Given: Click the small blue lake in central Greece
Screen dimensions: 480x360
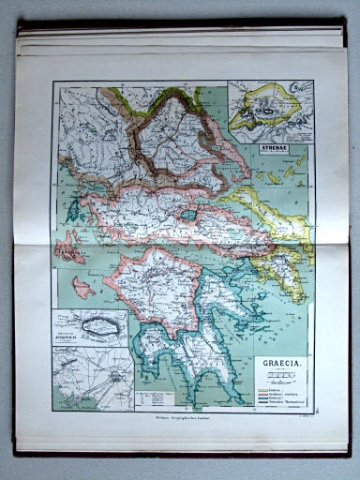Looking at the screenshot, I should pyautogui.click(x=190, y=215).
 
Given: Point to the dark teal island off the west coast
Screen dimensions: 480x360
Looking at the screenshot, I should pyautogui.click(x=72, y=212).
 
